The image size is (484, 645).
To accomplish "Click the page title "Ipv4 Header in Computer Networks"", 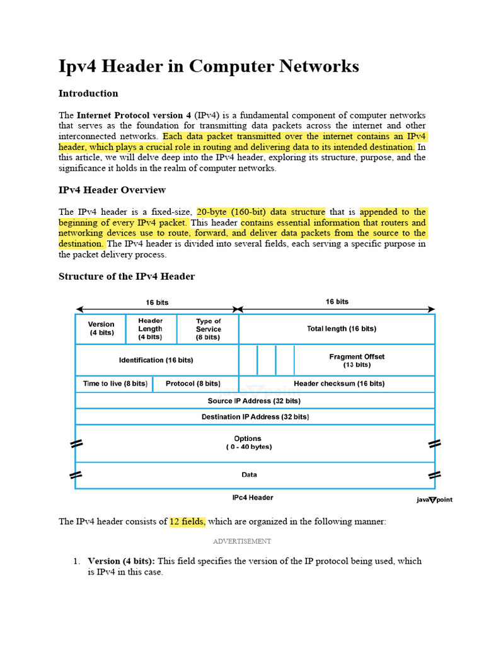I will point(209,66).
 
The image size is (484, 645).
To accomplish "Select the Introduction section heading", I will point(88,93).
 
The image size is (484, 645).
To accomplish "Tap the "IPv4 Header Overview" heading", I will point(112,190).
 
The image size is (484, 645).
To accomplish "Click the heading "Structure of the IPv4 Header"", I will point(127,276).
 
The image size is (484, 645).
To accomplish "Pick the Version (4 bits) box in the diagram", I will point(101,328).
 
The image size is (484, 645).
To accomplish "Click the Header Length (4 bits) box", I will point(151,328).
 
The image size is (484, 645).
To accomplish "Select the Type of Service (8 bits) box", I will point(208,329).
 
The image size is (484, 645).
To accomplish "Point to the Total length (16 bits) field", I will point(337,328).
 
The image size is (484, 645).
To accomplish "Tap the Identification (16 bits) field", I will point(156,360).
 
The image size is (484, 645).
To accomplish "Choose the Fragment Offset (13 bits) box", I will point(356,360).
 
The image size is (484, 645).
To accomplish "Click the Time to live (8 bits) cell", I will point(115,383).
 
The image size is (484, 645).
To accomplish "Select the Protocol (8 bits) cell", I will point(193,383).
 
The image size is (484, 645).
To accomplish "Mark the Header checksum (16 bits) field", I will point(339,383).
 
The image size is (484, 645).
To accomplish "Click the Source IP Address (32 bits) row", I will point(254,400).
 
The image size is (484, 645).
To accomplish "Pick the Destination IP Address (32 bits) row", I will point(254,416).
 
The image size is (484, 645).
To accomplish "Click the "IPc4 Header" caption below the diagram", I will point(253,498).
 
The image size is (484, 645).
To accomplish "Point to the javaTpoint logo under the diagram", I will point(434,499).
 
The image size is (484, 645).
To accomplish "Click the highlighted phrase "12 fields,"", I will point(187,522).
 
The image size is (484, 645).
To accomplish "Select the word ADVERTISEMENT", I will point(242,541).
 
